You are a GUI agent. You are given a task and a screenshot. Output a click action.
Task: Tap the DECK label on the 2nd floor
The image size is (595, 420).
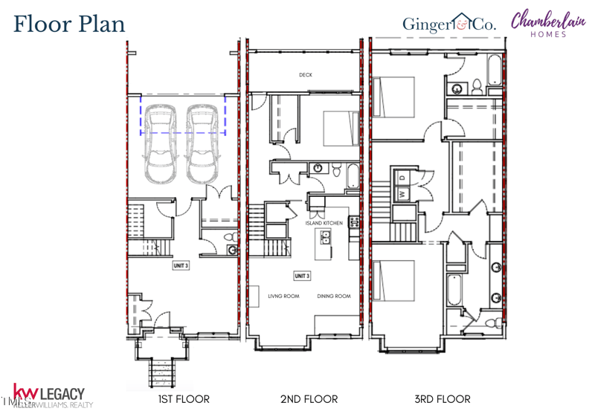click(305, 75)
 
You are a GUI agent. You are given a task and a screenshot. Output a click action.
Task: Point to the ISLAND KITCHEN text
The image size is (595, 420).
click(324, 223)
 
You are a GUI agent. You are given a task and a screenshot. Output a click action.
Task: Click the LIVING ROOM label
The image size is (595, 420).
click(283, 296)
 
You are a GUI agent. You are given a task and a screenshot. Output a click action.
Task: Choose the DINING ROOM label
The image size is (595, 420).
click(334, 296)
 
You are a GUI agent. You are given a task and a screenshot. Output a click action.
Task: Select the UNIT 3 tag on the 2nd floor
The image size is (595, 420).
click(302, 276)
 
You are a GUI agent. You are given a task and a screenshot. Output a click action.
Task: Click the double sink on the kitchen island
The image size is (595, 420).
click(326, 238)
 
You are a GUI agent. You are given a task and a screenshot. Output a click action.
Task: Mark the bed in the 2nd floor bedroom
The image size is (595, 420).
click(341, 128)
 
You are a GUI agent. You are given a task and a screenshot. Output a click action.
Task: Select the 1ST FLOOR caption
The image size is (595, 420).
click(184, 399)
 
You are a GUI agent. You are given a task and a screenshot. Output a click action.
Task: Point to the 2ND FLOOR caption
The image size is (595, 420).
click(309, 399)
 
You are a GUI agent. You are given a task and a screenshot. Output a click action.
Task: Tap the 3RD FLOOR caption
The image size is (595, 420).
click(443, 399)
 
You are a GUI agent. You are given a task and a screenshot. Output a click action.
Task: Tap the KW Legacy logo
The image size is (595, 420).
click(49, 395)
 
